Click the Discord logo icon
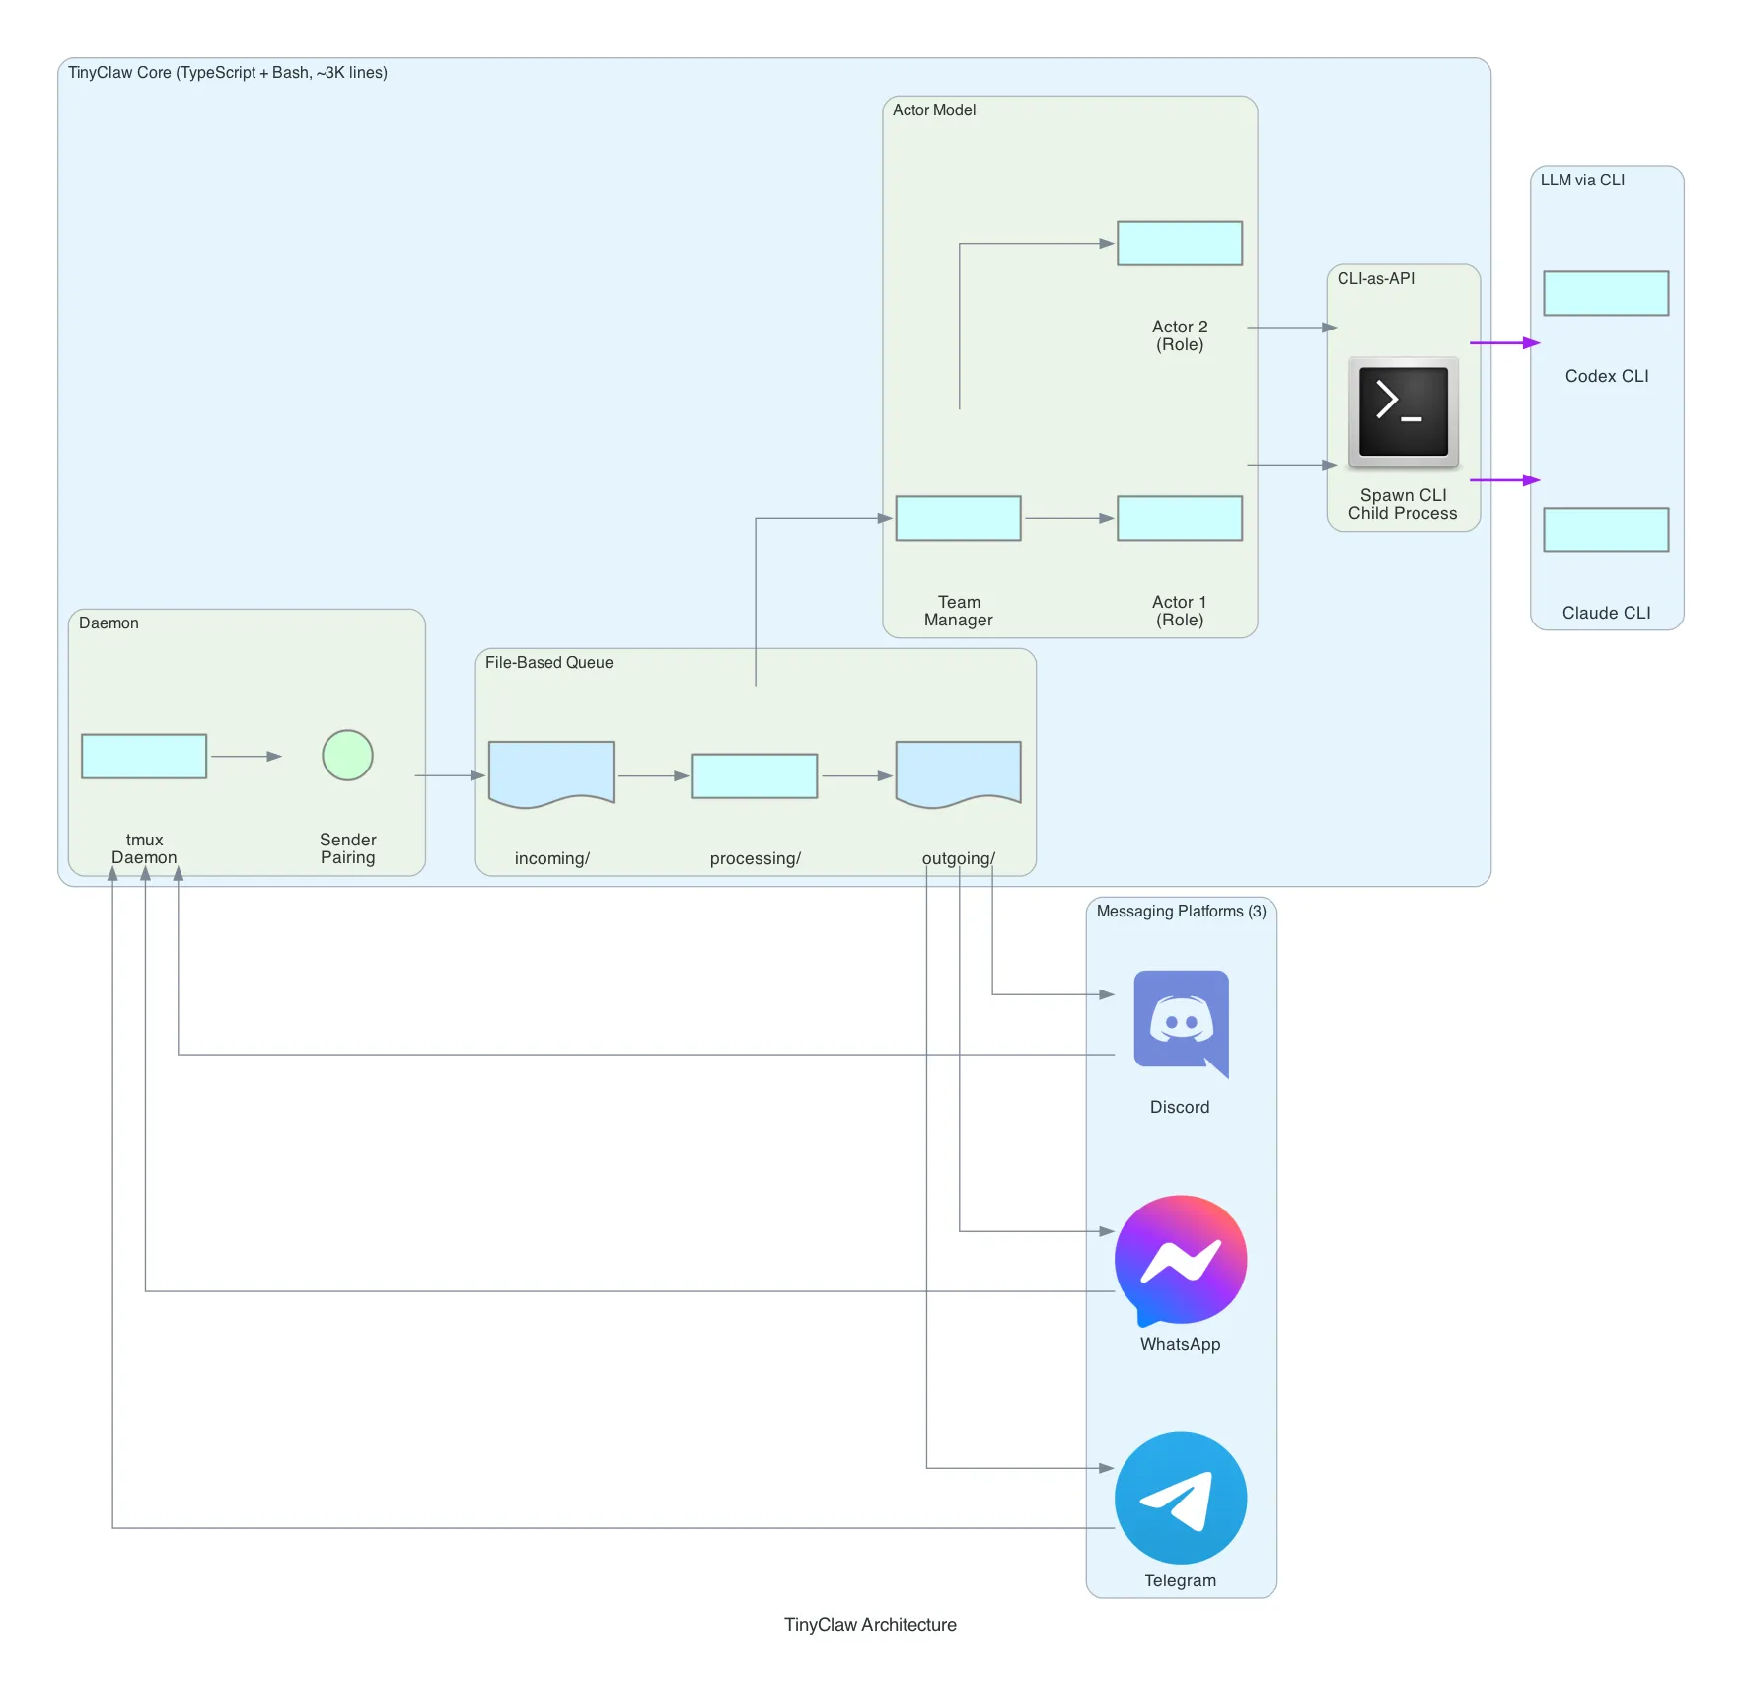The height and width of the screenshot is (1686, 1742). tap(1181, 1022)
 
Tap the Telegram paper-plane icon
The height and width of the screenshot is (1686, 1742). tap(1181, 1498)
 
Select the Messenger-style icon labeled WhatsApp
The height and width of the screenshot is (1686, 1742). tap(1181, 1260)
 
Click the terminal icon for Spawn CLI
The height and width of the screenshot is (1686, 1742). tap(1403, 411)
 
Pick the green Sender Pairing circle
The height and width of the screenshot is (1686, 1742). tap(347, 756)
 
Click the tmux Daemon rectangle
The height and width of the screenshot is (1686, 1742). tap(144, 757)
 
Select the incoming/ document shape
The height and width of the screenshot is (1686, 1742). tap(551, 773)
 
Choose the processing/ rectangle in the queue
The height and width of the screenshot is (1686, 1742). tap(755, 776)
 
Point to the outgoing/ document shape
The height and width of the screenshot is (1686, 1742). tap(958, 773)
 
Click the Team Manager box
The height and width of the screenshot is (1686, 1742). tap(958, 518)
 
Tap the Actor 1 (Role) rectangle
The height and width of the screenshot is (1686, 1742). tap(1180, 518)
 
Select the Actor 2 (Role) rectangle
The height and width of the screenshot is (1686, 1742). tap(1180, 244)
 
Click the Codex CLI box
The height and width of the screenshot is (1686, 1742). tap(1606, 293)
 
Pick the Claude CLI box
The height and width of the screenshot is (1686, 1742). tap(1606, 531)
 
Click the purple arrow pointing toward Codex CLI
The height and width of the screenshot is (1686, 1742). tap(1504, 343)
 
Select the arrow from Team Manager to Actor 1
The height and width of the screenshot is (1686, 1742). tap(1068, 518)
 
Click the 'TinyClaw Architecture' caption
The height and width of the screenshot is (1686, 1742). tap(870, 1625)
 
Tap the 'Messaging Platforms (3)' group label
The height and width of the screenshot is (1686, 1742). tap(1181, 912)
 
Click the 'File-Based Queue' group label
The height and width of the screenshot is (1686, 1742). tap(548, 663)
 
